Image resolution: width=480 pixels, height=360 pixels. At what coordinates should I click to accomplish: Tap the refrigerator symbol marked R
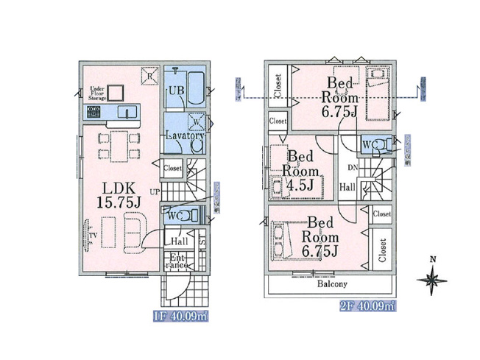point(149,74)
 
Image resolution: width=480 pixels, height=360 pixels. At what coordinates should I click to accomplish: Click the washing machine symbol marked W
point(197,122)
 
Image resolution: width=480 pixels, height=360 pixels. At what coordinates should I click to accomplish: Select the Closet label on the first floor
point(172,167)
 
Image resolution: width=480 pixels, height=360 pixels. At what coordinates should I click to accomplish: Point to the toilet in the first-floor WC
point(191,216)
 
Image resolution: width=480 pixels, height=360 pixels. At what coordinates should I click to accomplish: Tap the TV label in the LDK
point(93,236)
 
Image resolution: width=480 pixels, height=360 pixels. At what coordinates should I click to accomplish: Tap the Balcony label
point(332,283)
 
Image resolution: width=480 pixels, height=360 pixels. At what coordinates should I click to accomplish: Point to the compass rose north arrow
point(432,278)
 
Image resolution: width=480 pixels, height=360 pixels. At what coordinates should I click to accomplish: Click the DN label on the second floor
point(352,169)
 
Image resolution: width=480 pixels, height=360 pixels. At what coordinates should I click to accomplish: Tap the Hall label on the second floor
point(347,188)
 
